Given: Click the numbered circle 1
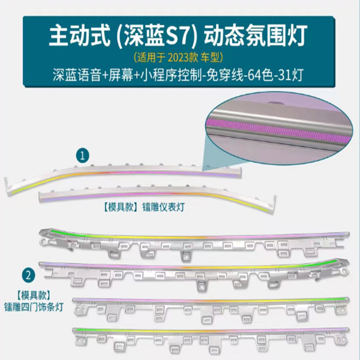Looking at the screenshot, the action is (x=82, y=156).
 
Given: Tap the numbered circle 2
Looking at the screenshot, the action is (x=28, y=275).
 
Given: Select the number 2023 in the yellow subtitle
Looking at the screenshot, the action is (x=179, y=58).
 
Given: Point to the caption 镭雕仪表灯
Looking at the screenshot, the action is (x=163, y=207).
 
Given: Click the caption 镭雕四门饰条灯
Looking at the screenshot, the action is (x=34, y=307).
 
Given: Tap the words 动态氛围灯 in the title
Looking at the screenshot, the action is (x=256, y=37).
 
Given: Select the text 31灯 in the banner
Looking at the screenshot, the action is (x=291, y=75).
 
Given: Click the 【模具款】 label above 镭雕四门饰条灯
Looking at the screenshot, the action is (x=33, y=296).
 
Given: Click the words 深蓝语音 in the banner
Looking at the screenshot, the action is (x=76, y=75).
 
